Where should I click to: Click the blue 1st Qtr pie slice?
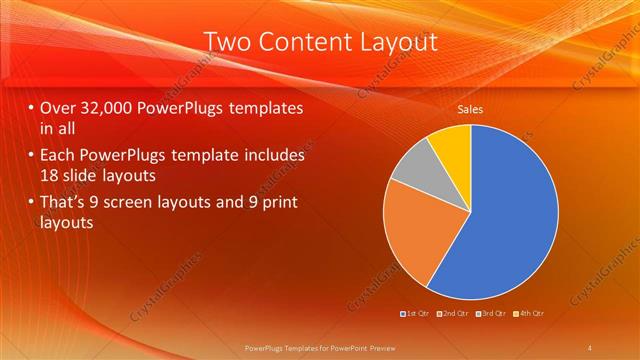click(510, 220)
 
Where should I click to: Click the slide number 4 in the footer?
click(590, 347)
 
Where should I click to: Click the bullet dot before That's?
click(31, 203)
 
